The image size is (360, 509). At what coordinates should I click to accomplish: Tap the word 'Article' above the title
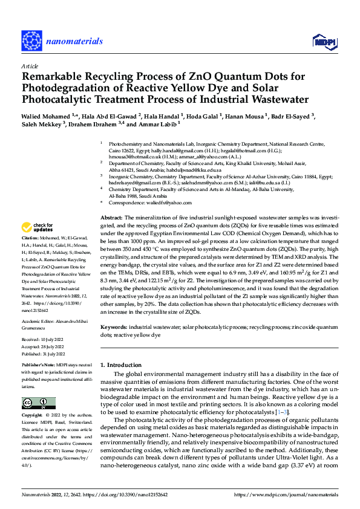(30, 66)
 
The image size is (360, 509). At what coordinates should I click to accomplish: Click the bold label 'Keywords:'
(113, 326)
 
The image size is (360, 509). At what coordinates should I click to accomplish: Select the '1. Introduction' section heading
(121, 365)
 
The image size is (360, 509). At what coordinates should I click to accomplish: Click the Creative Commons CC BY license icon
(39, 403)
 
